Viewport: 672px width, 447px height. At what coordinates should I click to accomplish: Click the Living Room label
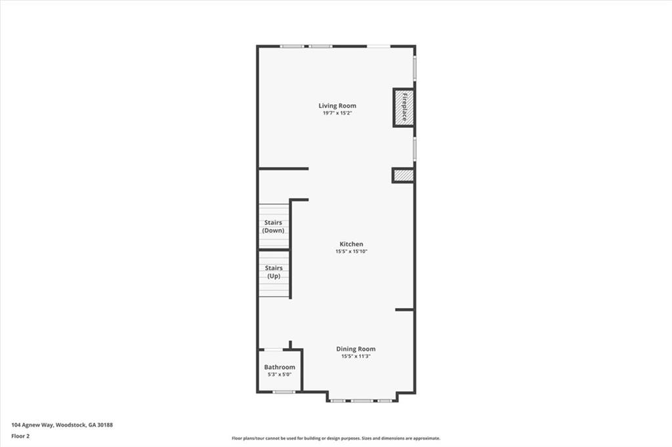click(337, 106)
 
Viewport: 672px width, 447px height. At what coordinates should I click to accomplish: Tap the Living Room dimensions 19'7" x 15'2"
click(337, 113)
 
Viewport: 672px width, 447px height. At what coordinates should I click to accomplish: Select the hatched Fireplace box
click(403, 107)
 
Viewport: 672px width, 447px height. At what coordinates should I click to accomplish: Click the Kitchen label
click(351, 244)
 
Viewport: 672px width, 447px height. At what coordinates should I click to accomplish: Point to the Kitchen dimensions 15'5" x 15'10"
click(351, 251)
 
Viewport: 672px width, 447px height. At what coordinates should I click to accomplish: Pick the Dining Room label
click(356, 349)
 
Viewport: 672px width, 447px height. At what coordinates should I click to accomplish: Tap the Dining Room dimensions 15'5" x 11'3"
click(356, 357)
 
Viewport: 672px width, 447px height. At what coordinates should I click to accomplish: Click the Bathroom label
click(280, 367)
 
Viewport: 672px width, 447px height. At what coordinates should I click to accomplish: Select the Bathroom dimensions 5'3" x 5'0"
click(280, 374)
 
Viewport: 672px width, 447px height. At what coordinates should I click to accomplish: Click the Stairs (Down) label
click(273, 226)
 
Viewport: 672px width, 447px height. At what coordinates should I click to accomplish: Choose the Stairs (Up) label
click(273, 272)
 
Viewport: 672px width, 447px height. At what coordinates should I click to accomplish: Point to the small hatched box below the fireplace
click(403, 175)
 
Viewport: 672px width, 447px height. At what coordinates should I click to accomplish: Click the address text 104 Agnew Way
click(33, 425)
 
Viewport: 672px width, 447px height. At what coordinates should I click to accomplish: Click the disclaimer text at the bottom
click(335, 438)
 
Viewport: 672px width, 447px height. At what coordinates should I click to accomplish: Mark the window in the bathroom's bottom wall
click(283, 392)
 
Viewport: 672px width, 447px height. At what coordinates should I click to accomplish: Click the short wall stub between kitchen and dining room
click(404, 309)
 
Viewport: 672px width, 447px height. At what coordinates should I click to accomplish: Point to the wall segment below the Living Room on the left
click(283, 168)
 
